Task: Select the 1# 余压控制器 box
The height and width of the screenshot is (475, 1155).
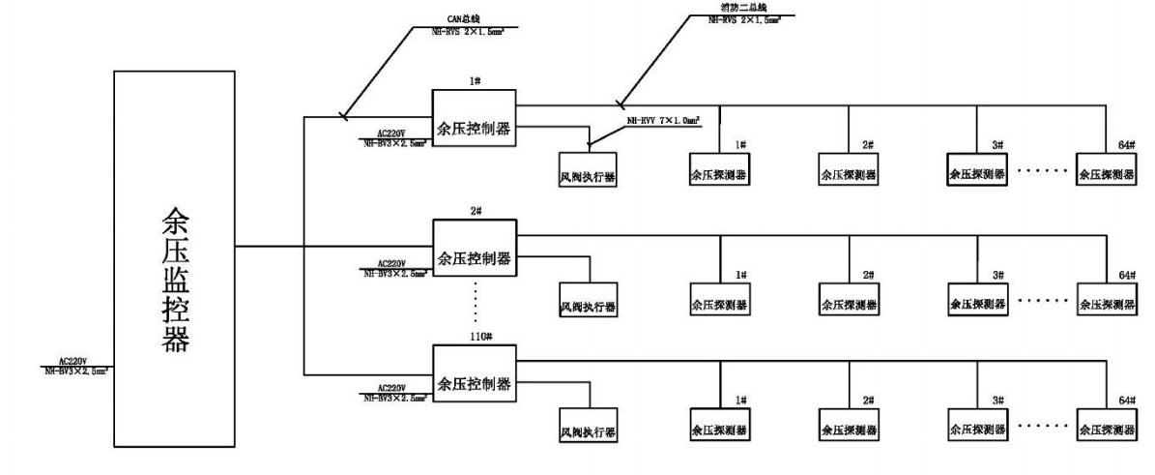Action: [474, 118]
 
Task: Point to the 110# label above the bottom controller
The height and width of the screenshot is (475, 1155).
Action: [475, 341]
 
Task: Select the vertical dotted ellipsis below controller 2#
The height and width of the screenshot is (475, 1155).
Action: [476, 306]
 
